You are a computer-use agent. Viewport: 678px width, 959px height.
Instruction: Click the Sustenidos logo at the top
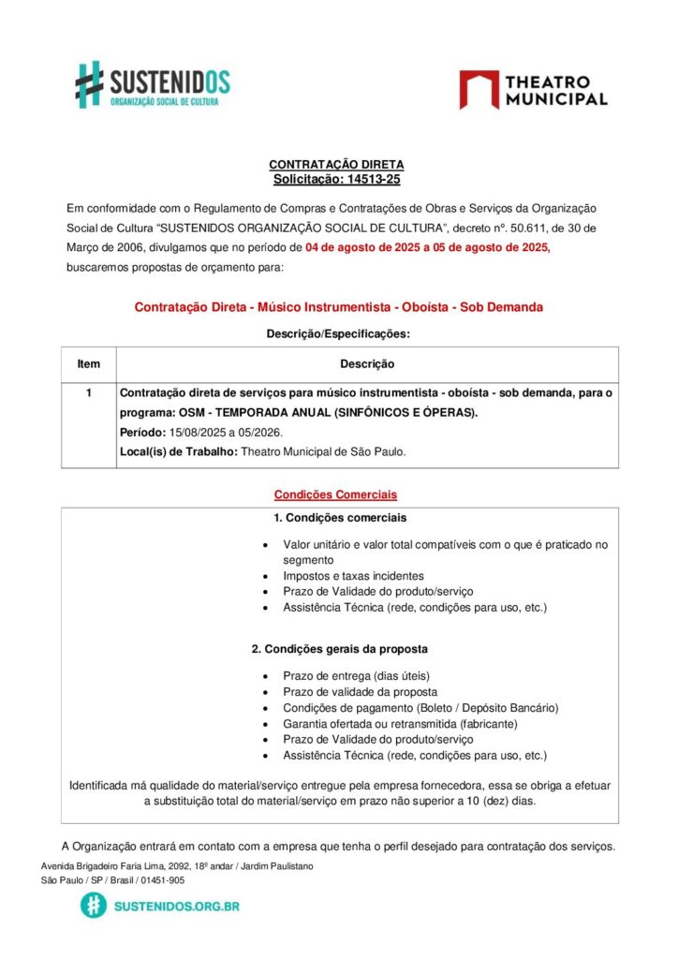(x=153, y=84)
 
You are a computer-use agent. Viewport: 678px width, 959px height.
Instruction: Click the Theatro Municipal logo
(x=533, y=90)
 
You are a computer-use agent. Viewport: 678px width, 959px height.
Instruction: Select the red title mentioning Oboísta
(x=338, y=307)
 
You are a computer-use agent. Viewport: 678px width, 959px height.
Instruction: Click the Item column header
(x=89, y=363)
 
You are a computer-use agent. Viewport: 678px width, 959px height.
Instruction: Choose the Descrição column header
(x=366, y=363)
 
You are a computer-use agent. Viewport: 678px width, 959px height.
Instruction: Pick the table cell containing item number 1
(x=89, y=393)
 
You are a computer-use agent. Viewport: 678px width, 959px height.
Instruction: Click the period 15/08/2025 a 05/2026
(x=225, y=433)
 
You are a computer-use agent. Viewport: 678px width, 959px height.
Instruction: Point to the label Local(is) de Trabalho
(x=179, y=451)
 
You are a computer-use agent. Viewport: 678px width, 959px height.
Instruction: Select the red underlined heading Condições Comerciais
(x=335, y=494)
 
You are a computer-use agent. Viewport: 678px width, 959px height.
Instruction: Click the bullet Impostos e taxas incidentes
(x=353, y=576)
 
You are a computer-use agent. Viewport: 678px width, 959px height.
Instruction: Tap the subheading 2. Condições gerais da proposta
(x=339, y=648)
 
